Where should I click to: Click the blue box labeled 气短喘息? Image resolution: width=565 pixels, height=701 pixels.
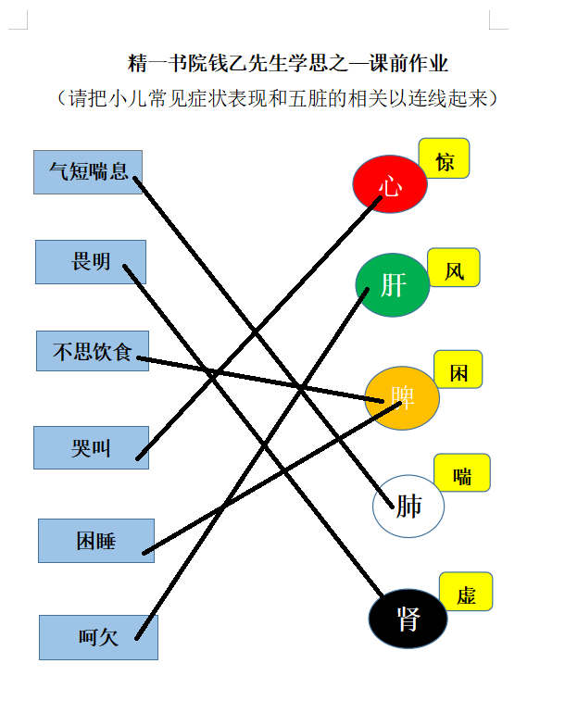point(88,172)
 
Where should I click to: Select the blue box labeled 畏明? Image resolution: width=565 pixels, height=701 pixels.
point(91,262)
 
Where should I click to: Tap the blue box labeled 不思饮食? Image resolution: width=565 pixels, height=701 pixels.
point(93,351)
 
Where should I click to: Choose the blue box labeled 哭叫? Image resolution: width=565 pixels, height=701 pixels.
point(91,447)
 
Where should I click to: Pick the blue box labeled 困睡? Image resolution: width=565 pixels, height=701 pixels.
point(96,541)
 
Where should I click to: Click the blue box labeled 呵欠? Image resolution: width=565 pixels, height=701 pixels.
point(98,637)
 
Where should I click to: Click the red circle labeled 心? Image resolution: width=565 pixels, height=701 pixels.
point(390,183)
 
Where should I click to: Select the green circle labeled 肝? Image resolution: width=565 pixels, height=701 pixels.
point(393,285)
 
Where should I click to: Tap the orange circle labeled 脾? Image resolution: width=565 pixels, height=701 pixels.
point(402,398)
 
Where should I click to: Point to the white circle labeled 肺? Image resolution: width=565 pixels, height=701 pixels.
point(408,506)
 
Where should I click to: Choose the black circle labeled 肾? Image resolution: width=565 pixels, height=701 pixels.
point(408,619)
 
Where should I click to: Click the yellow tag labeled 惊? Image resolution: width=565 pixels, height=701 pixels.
point(444,158)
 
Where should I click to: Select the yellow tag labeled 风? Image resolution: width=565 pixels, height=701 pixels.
point(454,268)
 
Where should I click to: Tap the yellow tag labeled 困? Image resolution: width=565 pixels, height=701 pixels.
point(458,369)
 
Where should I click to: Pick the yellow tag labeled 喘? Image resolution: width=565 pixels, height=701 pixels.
point(462,472)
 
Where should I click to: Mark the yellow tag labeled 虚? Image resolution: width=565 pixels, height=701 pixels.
point(466,592)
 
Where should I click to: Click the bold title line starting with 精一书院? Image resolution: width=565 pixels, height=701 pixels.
point(287,63)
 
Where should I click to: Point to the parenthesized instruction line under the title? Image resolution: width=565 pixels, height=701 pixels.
point(277,98)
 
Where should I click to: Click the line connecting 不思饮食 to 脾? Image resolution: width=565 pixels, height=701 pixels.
point(260,379)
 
